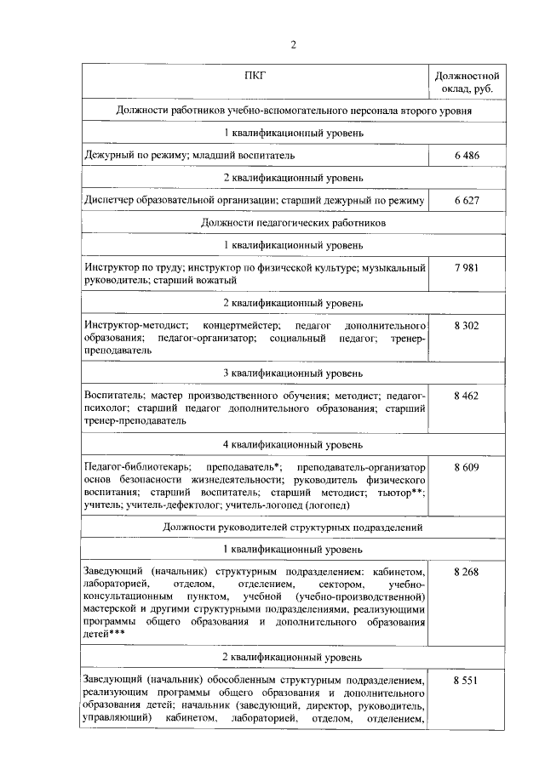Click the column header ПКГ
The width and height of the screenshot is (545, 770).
coord(255,76)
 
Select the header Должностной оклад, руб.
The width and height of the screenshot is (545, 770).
coord(467,82)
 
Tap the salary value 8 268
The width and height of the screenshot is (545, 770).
coord(467,572)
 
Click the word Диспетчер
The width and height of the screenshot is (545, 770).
coord(110,200)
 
